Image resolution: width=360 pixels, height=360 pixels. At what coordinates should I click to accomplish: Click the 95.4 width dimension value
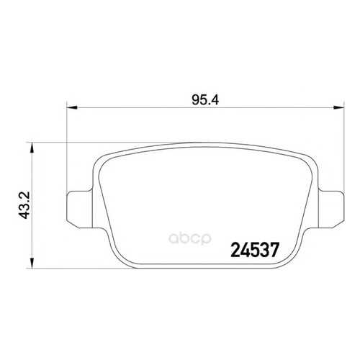tap(205, 100)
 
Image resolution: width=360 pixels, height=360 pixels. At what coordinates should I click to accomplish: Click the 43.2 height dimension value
tap(24, 204)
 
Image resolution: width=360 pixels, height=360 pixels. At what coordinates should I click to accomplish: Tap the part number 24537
tap(255, 250)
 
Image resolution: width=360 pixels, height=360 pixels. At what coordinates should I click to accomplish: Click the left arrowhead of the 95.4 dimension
tap(72, 108)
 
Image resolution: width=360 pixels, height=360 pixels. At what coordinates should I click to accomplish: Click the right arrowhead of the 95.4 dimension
tap(338, 108)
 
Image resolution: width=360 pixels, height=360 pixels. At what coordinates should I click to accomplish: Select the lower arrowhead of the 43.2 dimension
tap(32, 263)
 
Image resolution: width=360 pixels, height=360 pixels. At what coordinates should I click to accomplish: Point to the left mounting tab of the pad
tap(79, 210)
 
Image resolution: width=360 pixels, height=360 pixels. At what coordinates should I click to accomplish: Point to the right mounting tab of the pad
tap(331, 210)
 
